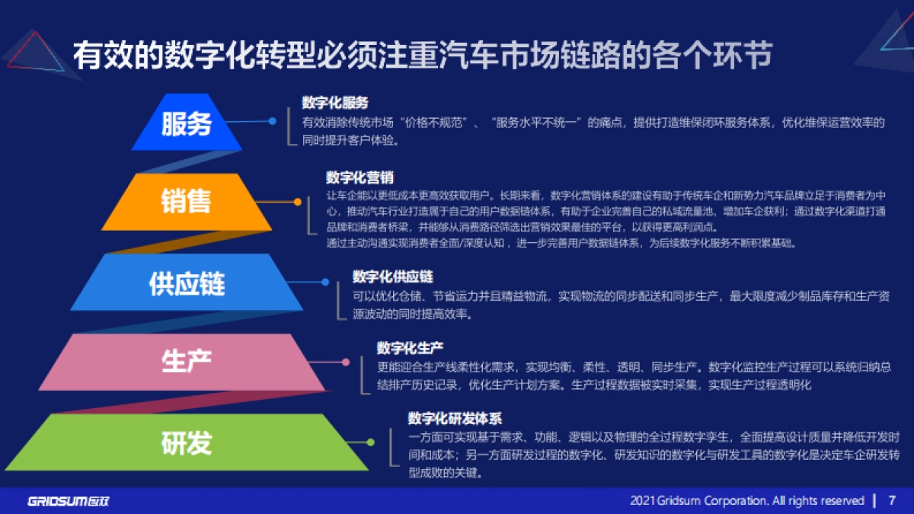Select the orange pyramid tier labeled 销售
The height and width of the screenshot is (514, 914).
point(187,202)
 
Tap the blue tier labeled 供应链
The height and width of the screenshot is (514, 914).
point(187,283)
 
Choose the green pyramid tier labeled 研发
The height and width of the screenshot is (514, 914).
point(187,442)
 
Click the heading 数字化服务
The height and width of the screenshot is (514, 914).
point(334,103)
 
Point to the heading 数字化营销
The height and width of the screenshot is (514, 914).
point(360,177)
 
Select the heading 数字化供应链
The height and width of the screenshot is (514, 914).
point(392,276)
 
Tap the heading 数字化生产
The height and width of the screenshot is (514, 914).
point(410,348)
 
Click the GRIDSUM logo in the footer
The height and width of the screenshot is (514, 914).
point(69,501)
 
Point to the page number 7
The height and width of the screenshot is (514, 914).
point(892,500)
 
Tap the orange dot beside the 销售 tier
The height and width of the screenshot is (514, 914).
point(298,202)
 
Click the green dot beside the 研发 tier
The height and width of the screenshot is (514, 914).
point(371,442)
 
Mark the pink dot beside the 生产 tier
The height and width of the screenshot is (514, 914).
point(346,362)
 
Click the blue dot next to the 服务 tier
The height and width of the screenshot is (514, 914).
point(272,121)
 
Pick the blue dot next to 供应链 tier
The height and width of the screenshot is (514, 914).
point(325,282)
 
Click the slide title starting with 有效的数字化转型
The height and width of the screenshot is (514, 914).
point(423,56)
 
